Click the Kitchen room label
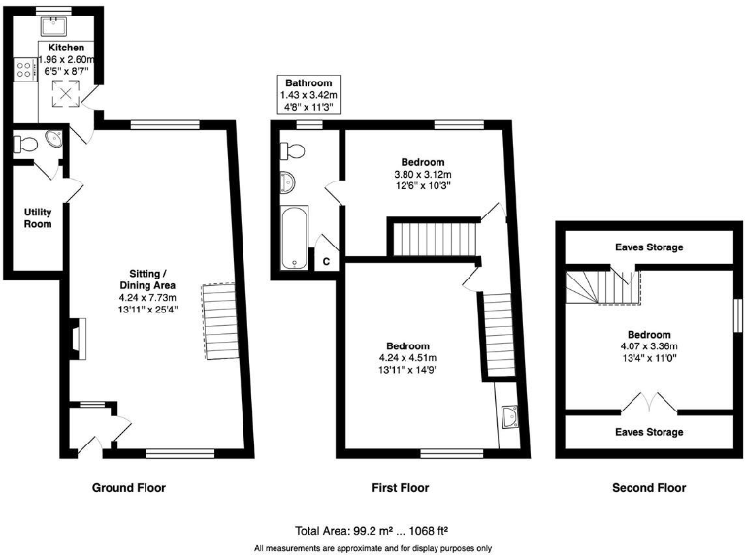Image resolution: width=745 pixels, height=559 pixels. coord(66,48)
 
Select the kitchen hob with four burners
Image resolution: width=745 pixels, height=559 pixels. coord(21,70)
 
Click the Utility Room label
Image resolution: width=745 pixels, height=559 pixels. coord(38,217)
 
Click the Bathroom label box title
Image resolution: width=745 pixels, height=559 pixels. coord(308,83)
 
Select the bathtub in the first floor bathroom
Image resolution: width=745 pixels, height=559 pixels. coord(292,236)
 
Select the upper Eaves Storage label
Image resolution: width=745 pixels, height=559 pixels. coord(648,247)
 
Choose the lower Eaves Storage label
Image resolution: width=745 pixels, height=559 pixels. coord(648,432)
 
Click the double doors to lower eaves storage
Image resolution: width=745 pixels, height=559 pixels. coord(647,402)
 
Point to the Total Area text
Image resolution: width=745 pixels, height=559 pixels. coord(373,531)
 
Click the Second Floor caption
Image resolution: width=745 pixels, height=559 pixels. coord(649,488)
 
